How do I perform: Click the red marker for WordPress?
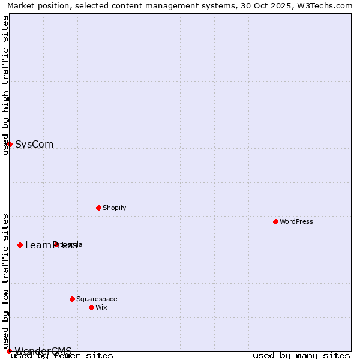click(275, 221)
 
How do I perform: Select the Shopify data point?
click(98, 208)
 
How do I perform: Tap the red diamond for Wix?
click(91, 307)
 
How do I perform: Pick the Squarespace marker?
click(72, 299)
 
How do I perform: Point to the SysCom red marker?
click(10, 144)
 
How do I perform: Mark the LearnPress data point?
click(20, 245)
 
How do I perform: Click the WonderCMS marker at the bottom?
click(9, 351)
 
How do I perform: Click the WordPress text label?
click(296, 221)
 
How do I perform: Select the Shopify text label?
click(114, 208)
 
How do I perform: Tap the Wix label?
click(101, 307)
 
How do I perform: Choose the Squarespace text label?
click(97, 299)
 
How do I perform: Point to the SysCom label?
click(34, 144)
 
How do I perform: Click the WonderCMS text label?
click(43, 351)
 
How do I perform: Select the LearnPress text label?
click(51, 245)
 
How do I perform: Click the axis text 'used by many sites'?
click(301, 356)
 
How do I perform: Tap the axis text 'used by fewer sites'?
click(62, 356)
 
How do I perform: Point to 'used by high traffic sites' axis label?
click(5, 85)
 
